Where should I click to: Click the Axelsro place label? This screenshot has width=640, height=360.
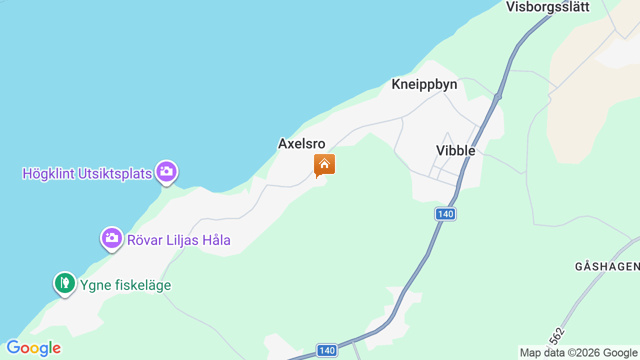click(301, 144)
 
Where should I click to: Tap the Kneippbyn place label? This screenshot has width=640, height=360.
click(424, 84)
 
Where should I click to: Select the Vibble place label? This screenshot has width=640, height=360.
click(455, 150)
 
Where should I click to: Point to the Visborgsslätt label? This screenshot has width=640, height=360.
click(547, 7)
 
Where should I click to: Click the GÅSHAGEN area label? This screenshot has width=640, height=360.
click(607, 266)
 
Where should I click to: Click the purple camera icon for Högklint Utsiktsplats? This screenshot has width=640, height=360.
click(166, 171)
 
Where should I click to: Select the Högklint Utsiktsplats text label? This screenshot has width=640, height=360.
click(87, 174)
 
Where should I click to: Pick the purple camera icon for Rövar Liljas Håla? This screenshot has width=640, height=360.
click(112, 238)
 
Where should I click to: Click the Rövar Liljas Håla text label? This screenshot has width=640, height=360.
click(178, 240)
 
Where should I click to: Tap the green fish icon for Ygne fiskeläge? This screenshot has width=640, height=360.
click(65, 283)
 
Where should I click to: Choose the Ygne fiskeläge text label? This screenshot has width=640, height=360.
click(125, 285)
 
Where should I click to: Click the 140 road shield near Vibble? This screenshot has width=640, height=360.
click(445, 214)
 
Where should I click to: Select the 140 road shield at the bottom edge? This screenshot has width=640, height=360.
click(327, 350)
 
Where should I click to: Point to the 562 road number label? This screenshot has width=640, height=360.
click(556, 335)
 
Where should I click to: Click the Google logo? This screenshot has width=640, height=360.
click(33, 348)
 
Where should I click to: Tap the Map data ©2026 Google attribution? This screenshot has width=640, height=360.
click(578, 353)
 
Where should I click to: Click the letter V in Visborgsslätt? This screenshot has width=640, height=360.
click(510, 7)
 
